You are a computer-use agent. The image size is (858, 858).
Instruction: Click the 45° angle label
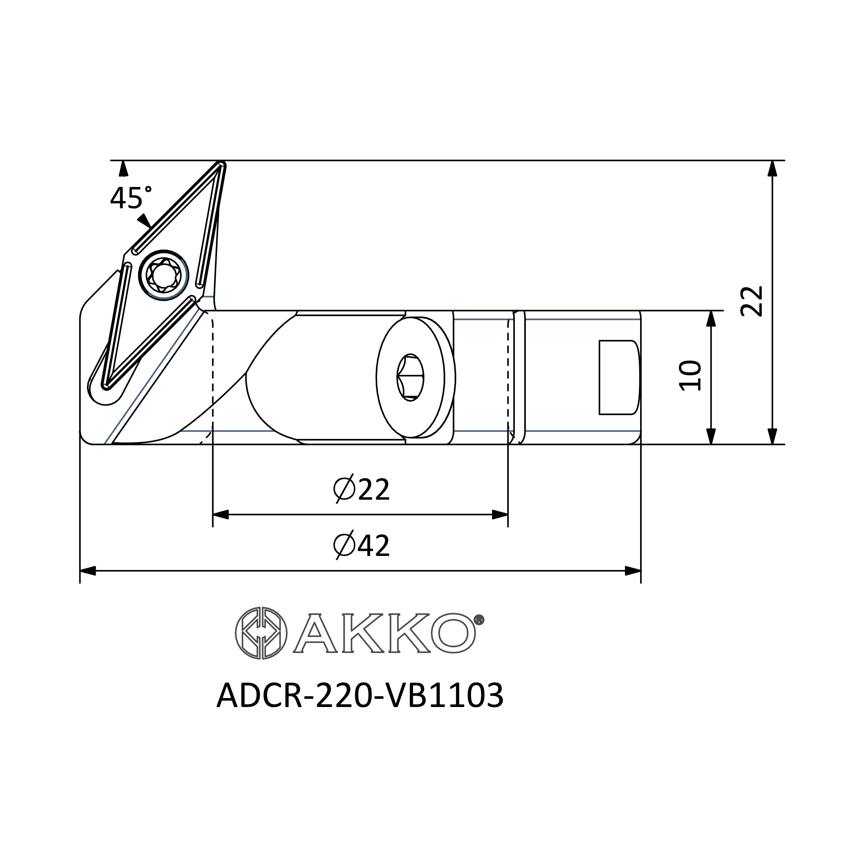click(130, 197)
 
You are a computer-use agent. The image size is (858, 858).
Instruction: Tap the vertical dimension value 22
click(752, 301)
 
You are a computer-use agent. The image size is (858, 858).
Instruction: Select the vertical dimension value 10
click(691, 375)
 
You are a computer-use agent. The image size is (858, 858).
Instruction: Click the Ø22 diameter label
click(361, 489)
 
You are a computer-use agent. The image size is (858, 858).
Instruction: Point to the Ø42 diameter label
click(361, 545)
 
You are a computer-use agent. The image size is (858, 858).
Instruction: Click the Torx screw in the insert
click(163, 275)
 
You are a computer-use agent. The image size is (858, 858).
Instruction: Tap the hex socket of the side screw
click(410, 378)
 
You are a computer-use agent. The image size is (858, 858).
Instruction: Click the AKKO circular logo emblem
click(261, 633)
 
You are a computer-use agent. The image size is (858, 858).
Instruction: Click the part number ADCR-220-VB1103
click(360, 696)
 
